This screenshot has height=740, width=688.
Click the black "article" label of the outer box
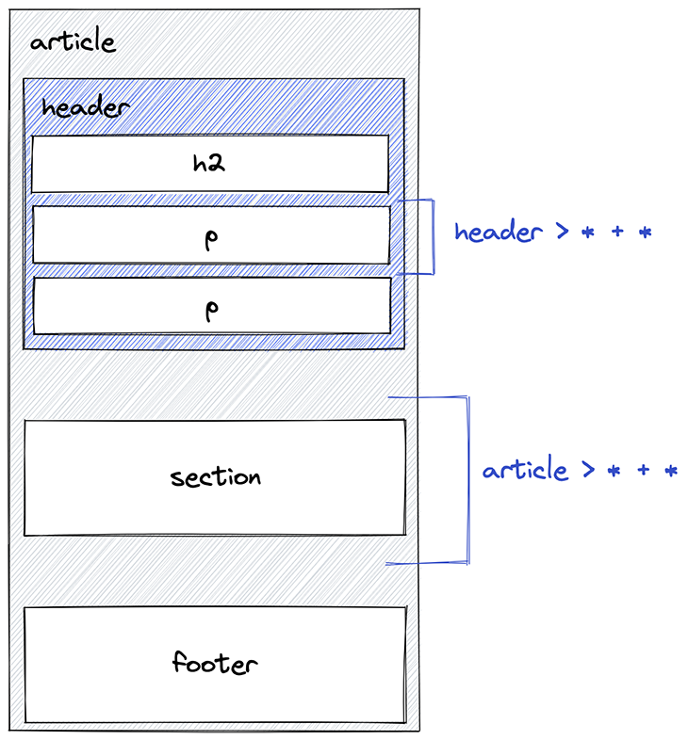[x=73, y=42]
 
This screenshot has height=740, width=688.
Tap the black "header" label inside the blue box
[x=85, y=107]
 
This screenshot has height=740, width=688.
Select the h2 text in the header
[x=210, y=164]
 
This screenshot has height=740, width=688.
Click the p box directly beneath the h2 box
[x=211, y=235]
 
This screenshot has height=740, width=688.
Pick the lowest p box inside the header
[x=211, y=306]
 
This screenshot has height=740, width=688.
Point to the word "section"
[x=215, y=476]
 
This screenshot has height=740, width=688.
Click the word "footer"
[x=215, y=663]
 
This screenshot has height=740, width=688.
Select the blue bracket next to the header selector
[x=433, y=236]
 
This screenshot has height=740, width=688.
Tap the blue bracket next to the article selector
[x=467, y=480]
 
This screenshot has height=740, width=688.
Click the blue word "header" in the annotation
[x=498, y=232]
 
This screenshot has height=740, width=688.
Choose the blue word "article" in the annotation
[x=525, y=470]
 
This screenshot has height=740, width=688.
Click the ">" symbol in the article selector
[x=589, y=471]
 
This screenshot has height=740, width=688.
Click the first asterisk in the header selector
[x=588, y=233]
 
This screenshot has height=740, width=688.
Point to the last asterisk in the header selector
[x=645, y=233]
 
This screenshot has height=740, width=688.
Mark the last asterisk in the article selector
[x=671, y=471]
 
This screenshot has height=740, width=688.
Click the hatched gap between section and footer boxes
[x=215, y=571]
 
